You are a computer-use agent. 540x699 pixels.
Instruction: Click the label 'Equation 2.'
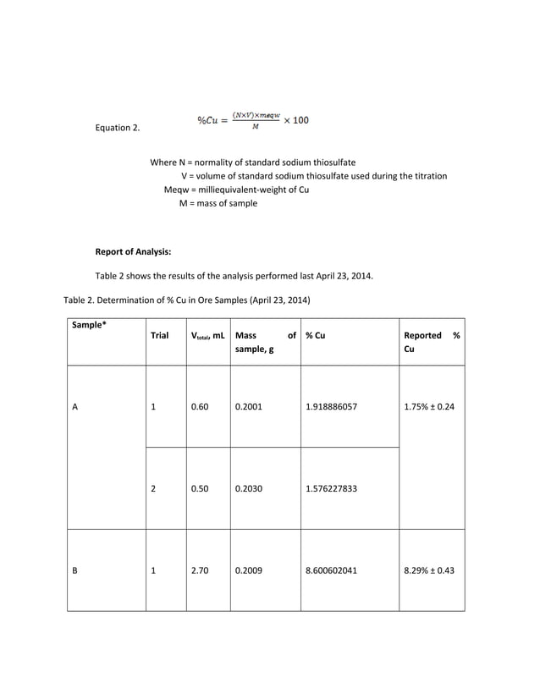pyautogui.click(x=118, y=129)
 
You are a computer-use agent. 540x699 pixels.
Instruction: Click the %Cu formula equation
pyautogui.click(x=253, y=120)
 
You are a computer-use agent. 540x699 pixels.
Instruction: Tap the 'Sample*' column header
pyautogui.click(x=90, y=325)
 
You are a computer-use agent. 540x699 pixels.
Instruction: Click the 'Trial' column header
pyautogui.click(x=159, y=335)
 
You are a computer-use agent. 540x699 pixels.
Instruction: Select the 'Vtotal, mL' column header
pyautogui.click(x=208, y=335)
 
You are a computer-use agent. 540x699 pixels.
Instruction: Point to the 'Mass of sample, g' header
pyautogui.click(x=265, y=342)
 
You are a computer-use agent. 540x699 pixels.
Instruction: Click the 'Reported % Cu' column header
pyautogui.click(x=432, y=342)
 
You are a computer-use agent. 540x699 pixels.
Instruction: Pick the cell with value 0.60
pyautogui.click(x=200, y=407)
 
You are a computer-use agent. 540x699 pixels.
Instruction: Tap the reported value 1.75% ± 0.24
pyautogui.click(x=429, y=407)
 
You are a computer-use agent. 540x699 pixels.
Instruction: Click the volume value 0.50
pyautogui.click(x=200, y=488)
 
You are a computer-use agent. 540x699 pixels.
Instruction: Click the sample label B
pyautogui.click(x=75, y=570)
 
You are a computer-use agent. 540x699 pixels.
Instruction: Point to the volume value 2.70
pyautogui.click(x=200, y=570)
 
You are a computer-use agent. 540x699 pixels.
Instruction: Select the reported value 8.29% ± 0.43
pyautogui.click(x=429, y=570)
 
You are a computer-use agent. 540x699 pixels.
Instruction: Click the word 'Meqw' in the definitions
pyautogui.click(x=178, y=190)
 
